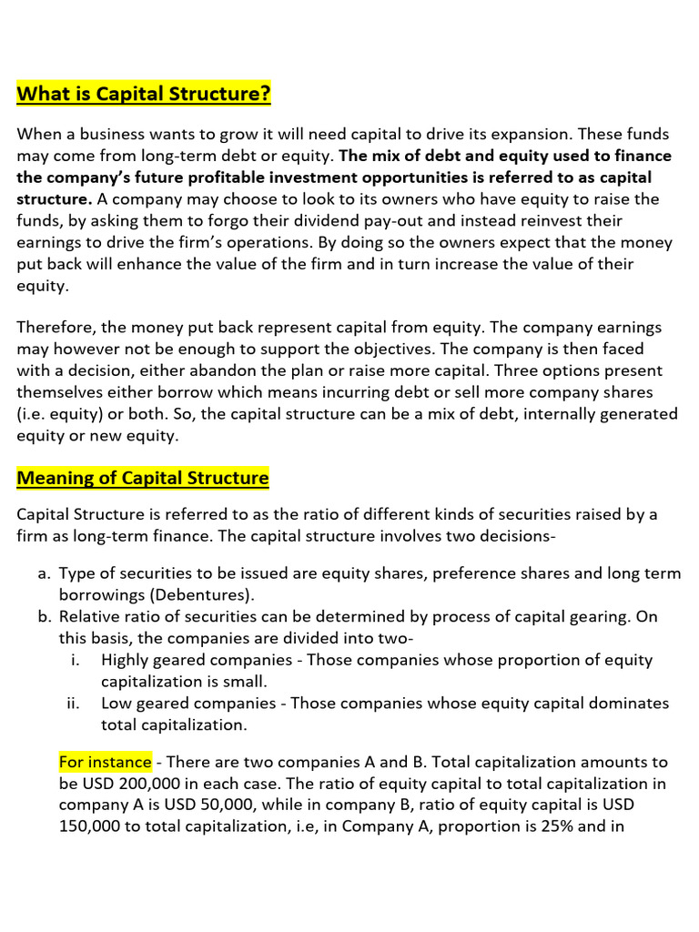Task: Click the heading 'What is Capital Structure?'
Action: click(x=144, y=95)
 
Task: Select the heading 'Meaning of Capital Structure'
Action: click(x=143, y=478)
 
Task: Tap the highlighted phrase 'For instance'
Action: click(x=106, y=762)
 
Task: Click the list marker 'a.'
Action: click(x=44, y=573)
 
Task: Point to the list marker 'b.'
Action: click(x=44, y=617)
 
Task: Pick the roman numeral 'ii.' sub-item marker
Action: click(x=74, y=704)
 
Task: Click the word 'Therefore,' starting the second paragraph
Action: click(x=56, y=328)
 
